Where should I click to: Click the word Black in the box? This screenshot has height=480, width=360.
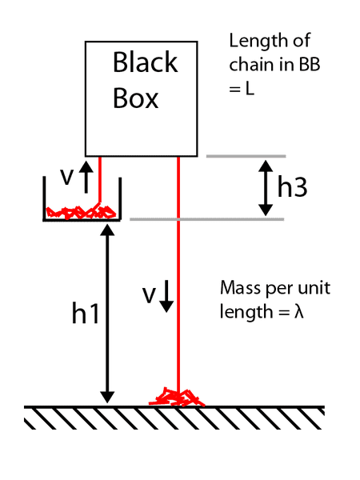pyautogui.click(x=145, y=62)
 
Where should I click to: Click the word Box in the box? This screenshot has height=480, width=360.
pyautogui.click(x=136, y=98)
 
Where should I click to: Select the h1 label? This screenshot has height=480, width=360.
pyautogui.click(x=86, y=312)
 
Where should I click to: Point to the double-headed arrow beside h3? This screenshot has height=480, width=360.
pyautogui.click(x=266, y=188)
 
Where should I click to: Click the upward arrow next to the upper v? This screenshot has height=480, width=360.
pyautogui.click(x=86, y=178)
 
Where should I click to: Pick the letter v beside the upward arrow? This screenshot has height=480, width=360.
pyautogui.click(x=67, y=177)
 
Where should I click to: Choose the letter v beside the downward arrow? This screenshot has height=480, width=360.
pyautogui.click(x=149, y=296)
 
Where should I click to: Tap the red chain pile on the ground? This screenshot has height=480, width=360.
pyautogui.click(x=177, y=397)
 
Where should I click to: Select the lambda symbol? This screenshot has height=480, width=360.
pyautogui.click(x=298, y=312)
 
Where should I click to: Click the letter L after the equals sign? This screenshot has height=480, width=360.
pyautogui.click(x=250, y=89)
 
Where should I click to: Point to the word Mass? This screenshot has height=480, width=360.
pyautogui.click(x=240, y=288)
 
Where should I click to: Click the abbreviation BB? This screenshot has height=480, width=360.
pyautogui.click(x=310, y=65)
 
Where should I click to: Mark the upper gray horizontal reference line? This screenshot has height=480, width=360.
pyautogui.click(x=246, y=156)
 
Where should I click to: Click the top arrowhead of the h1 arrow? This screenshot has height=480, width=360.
pyautogui.click(x=107, y=230)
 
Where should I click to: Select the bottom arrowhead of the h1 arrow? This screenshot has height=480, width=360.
pyautogui.click(x=107, y=397)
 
